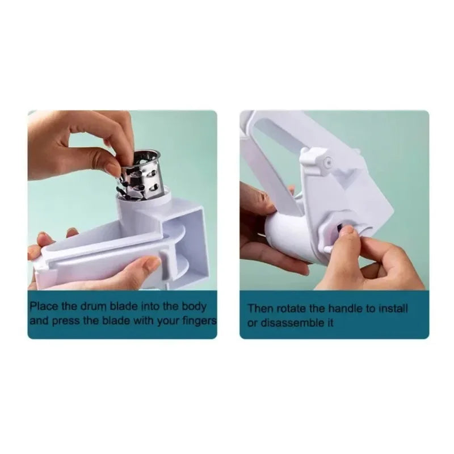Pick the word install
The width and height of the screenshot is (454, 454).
point(393,309)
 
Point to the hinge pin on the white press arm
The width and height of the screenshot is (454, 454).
point(327,162)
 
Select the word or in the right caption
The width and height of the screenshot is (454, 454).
point(253,323)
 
